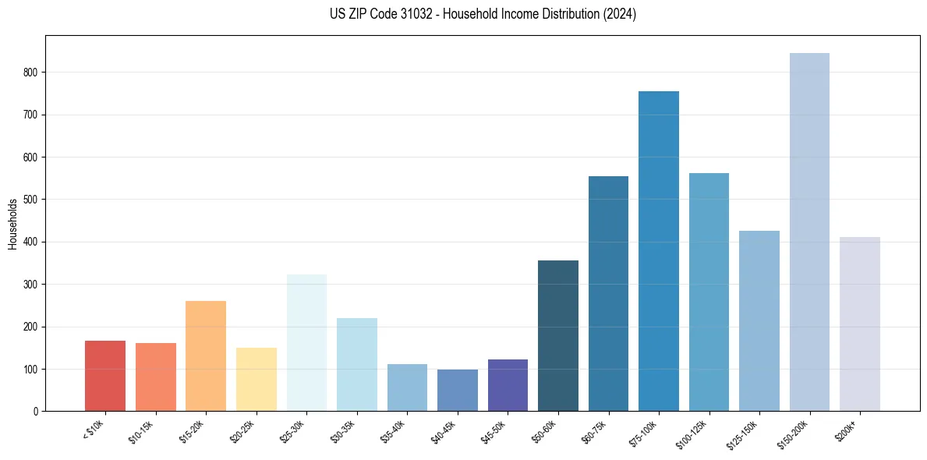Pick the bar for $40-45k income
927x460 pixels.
(458, 390)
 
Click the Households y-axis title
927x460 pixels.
(12, 224)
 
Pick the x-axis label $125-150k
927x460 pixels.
(744, 433)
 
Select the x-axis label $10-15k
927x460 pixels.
(142, 431)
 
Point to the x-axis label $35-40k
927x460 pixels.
(394, 431)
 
